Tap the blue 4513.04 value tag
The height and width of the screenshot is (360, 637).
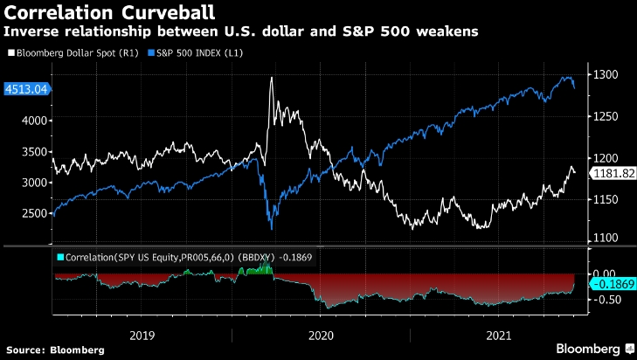[x=24, y=88]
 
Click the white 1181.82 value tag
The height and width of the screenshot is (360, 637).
[x=613, y=174]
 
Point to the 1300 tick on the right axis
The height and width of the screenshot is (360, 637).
[x=607, y=76]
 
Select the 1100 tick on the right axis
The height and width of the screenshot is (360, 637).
[x=607, y=238]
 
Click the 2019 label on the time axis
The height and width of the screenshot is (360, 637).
[x=142, y=335]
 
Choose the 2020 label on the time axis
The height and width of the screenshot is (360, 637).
[x=322, y=335]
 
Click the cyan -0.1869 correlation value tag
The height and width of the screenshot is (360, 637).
[x=613, y=285]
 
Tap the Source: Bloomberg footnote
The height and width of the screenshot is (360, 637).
[x=54, y=350]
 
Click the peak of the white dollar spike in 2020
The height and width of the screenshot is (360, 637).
[x=271, y=79]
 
